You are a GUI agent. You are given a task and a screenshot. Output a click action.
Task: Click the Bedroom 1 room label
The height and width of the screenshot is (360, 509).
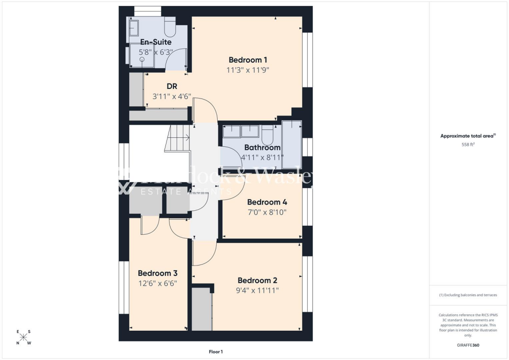pos(248,60)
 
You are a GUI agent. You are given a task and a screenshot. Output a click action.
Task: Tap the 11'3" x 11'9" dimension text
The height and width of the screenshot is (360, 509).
pos(248,70)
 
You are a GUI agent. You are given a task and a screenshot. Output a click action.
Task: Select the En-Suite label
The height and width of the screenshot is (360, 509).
pos(156,42)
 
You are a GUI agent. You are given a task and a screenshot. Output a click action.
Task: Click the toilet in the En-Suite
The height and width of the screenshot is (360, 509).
pos(170,29)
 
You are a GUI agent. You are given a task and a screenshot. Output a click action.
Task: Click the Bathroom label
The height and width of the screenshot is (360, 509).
pos(262,148)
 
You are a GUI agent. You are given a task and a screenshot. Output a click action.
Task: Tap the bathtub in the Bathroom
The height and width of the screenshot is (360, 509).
pos(291,144)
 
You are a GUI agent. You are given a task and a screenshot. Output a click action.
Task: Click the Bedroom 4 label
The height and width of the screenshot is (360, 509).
pos(267,202)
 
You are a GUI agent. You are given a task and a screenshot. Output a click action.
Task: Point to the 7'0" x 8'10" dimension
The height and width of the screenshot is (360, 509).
pos(267,212)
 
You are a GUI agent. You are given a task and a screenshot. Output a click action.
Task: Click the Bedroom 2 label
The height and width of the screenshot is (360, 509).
pos(257,280)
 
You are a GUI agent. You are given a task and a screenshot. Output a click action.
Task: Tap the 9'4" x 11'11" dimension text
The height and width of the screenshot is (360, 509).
pos(257,290)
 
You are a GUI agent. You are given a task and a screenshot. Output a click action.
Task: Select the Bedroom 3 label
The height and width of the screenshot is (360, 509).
pos(158,273)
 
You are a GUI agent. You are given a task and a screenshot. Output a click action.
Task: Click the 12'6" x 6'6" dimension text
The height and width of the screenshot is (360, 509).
pos(158,283)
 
